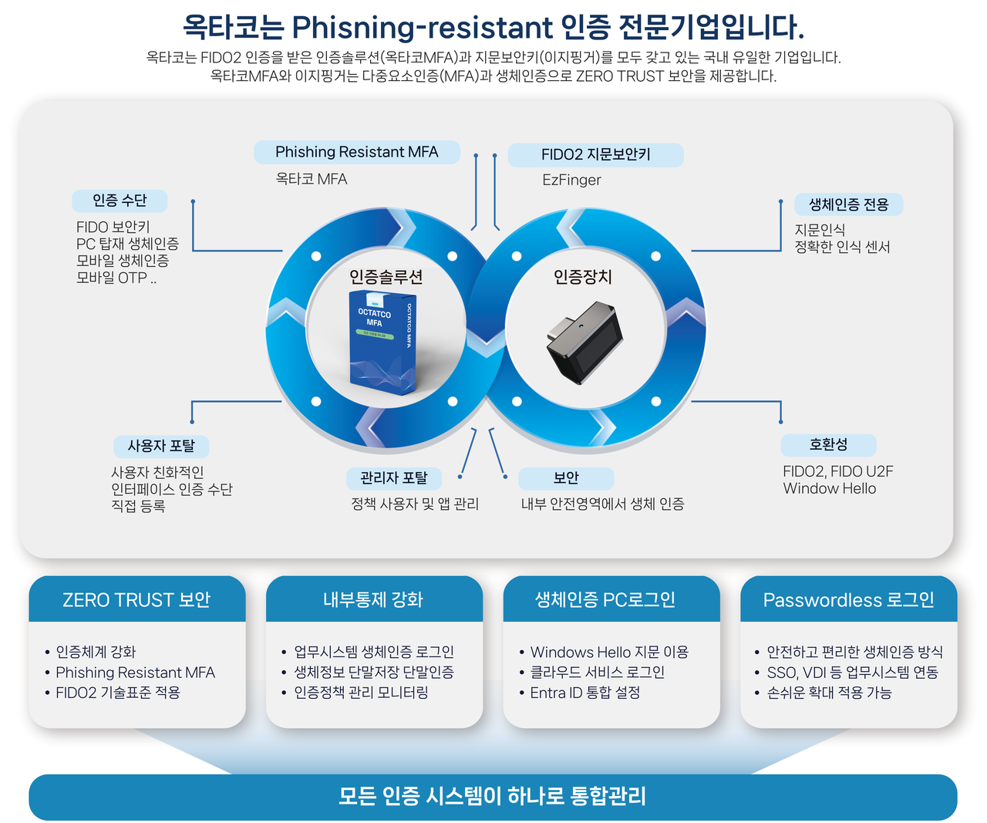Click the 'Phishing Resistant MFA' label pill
point(356,152)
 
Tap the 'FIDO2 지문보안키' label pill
point(595,154)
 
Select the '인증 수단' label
point(120,201)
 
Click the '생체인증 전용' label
point(848,204)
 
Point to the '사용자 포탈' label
point(161,446)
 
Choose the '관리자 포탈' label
point(393,478)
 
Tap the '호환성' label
point(828,445)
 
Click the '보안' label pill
point(566,478)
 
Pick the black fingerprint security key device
point(584,342)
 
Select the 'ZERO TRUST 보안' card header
point(136,599)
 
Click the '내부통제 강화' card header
point(373,599)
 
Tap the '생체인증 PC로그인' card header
point(605,599)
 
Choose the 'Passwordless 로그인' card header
point(848,599)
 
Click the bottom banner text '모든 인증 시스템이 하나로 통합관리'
point(492,796)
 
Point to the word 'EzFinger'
point(571,180)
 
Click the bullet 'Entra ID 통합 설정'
point(584,693)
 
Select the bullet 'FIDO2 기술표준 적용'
point(117,693)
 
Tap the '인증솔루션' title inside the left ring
point(386,277)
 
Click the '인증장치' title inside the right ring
point(583,276)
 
